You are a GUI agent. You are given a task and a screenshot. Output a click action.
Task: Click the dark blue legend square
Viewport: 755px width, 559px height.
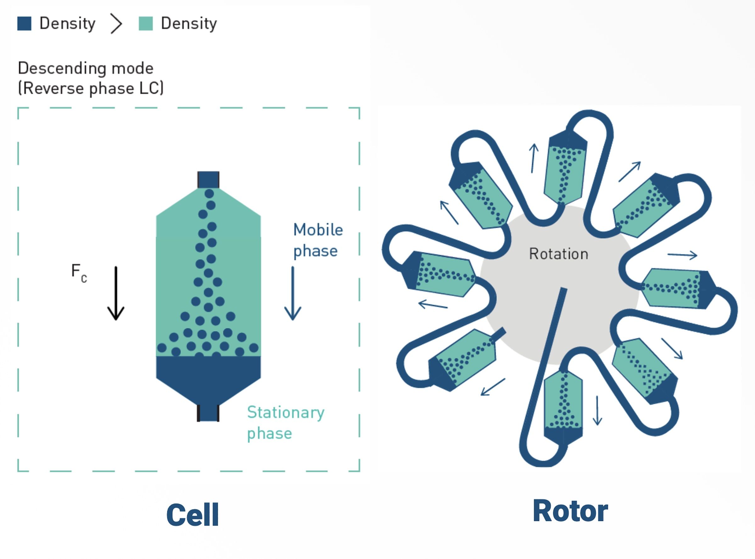pyautogui.click(x=24, y=23)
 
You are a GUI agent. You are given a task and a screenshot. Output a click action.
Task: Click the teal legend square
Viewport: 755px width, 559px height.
pyautogui.click(x=146, y=23)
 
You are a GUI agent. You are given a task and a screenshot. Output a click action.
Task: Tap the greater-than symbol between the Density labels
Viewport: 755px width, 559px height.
pyautogui.click(x=116, y=24)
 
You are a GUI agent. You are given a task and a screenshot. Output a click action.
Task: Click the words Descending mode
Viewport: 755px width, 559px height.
pyautogui.click(x=86, y=68)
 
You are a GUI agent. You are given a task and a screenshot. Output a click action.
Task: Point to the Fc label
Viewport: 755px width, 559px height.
pyautogui.click(x=79, y=272)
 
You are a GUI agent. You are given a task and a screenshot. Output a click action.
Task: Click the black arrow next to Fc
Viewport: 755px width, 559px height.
pyautogui.click(x=116, y=293)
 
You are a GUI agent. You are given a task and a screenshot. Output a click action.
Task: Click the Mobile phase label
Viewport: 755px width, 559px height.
pyautogui.click(x=318, y=240)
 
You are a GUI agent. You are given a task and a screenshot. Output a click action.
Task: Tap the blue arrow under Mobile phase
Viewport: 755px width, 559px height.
pyautogui.click(x=293, y=293)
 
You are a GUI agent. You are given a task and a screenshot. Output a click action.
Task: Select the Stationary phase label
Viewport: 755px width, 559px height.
pyautogui.click(x=286, y=423)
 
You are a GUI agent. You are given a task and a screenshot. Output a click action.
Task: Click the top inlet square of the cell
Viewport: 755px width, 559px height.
pyautogui.click(x=208, y=180)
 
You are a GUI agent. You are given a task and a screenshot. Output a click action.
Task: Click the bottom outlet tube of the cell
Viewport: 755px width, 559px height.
pyautogui.click(x=208, y=413)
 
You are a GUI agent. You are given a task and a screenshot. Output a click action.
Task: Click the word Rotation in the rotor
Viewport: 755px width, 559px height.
pyautogui.click(x=559, y=254)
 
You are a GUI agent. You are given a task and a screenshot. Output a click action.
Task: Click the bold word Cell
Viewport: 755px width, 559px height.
pyautogui.click(x=193, y=515)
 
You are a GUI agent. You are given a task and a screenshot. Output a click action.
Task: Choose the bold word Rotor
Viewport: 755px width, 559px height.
pyautogui.click(x=570, y=511)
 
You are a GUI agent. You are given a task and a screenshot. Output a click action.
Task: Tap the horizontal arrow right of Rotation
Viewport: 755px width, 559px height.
pyautogui.click(x=682, y=255)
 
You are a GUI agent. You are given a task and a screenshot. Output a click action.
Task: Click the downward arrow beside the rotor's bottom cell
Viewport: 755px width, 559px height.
pyautogui.click(x=598, y=410)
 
